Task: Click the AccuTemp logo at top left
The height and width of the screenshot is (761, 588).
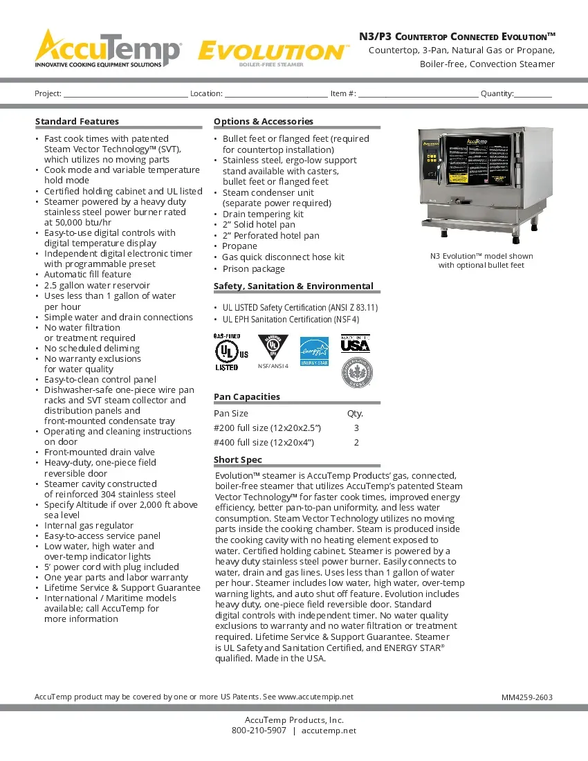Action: click(x=108, y=48)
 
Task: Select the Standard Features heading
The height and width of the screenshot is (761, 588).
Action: click(x=77, y=122)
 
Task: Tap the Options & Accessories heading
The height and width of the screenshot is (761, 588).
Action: click(x=263, y=122)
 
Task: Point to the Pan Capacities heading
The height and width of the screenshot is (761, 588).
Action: click(x=246, y=397)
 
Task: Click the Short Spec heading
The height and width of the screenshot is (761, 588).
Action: click(x=237, y=460)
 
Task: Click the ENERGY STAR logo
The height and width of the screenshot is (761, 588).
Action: click(x=313, y=351)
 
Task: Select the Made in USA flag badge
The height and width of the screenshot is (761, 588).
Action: click(x=355, y=343)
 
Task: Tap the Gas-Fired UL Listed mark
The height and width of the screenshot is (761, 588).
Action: click(x=228, y=352)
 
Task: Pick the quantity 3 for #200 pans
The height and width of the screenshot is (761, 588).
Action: click(x=356, y=428)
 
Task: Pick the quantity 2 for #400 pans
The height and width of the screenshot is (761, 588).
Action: click(x=356, y=443)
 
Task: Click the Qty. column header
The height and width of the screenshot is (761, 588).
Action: click(x=355, y=414)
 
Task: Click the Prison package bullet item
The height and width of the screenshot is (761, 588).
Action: click(x=253, y=269)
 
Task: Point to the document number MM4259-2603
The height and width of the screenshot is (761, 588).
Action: click(x=526, y=697)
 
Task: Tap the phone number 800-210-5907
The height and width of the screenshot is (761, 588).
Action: click(x=258, y=731)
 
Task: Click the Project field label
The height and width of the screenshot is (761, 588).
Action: click(x=48, y=93)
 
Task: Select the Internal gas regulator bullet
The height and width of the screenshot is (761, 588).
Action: click(x=89, y=526)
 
